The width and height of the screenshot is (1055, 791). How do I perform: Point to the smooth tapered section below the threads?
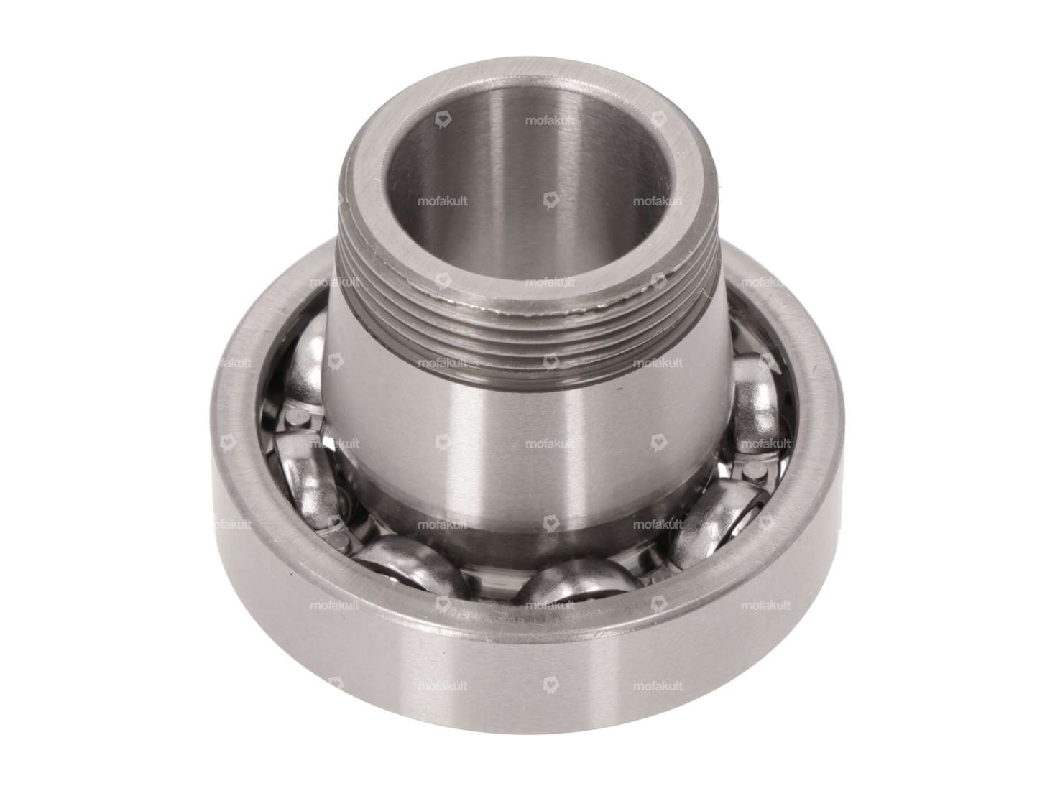point(503,445)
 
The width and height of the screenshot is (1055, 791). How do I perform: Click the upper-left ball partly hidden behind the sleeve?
point(305,359)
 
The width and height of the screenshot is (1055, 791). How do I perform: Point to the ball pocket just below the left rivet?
point(302,474)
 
